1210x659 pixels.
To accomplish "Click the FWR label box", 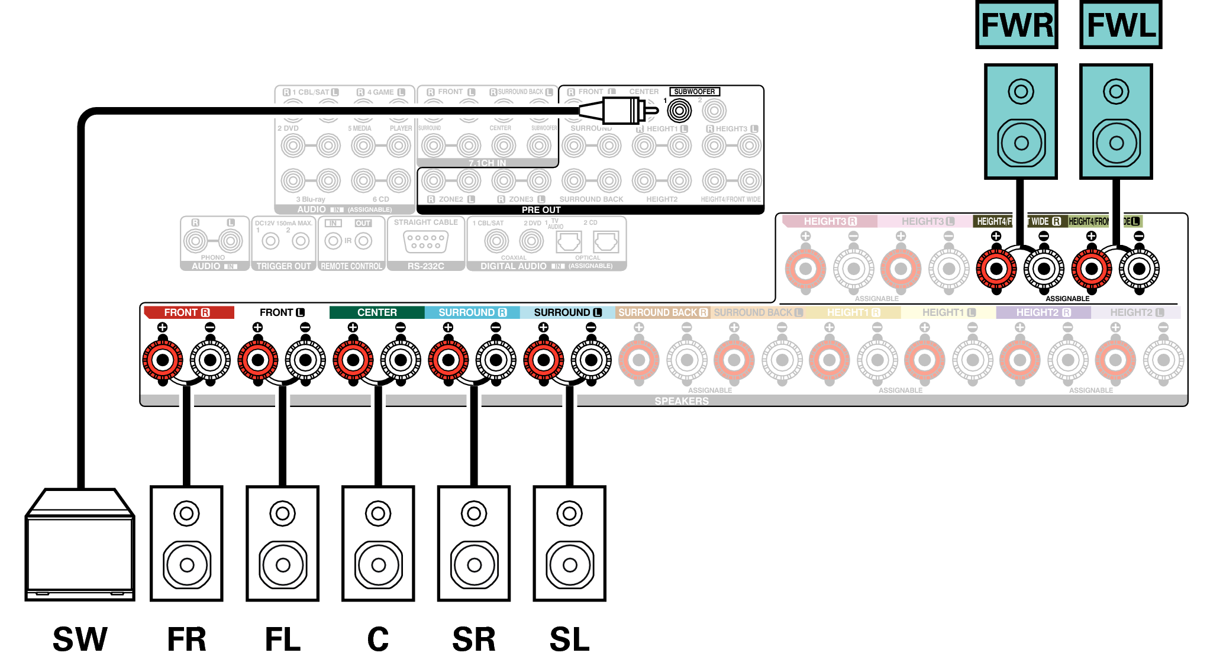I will tap(1017, 25).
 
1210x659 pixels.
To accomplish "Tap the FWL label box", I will tap(1121, 25).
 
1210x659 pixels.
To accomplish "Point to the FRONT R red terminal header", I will tap(188, 312).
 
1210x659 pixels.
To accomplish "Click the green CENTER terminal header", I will tap(377, 312).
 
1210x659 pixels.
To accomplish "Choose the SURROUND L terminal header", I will tap(567, 312).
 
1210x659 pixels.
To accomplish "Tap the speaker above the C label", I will tap(378, 543).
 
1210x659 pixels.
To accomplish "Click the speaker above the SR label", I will tap(474, 543).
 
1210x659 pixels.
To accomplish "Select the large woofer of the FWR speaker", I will tap(1021, 143).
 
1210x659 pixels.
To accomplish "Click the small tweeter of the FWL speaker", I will tap(1116, 92).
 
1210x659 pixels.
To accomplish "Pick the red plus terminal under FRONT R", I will tap(163, 360).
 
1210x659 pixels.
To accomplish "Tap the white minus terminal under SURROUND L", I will tap(591, 360).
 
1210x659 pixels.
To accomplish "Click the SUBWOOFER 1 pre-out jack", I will tap(679, 110).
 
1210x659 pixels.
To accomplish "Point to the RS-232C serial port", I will tap(425, 242).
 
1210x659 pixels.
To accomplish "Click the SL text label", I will tap(569, 639).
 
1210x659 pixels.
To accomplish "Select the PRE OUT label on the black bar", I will tap(541, 210).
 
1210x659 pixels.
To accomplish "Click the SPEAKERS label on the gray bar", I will tap(681, 401).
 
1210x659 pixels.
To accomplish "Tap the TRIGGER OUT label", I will tap(283, 266).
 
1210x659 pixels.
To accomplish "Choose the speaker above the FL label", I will tap(283, 543).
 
